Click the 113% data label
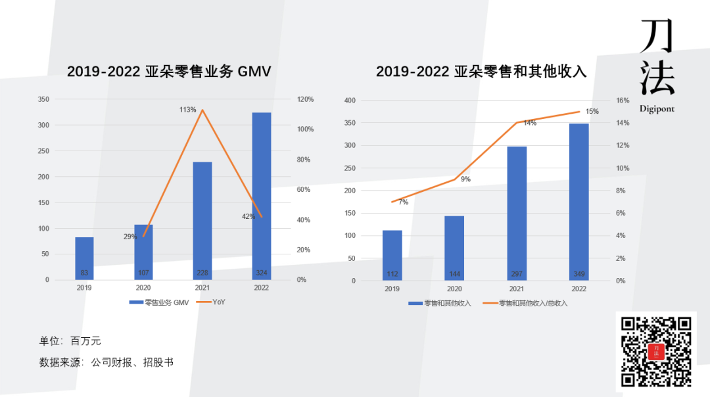188,110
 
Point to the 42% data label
248,216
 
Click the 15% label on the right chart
592,112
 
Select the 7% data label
403,202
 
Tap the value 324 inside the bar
262,273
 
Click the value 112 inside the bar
392,273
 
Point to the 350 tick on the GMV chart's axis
43,99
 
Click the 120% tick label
306,99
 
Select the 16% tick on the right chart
622,101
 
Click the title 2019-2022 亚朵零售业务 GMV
169,72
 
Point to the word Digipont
657,109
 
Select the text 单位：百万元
70,341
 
